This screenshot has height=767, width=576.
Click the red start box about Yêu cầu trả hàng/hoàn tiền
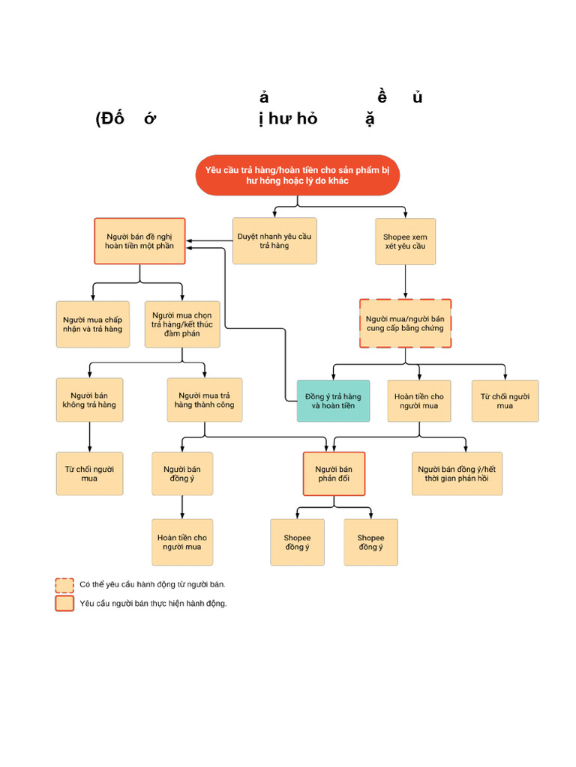(x=297, y=175)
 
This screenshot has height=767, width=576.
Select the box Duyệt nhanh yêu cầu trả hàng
(x=274, y=240)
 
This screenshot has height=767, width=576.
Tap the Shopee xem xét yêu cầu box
(x=405, y=240)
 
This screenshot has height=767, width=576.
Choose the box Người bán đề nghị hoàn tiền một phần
(x=139, y=241)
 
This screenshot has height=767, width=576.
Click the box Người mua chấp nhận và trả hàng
(x=92, y=324)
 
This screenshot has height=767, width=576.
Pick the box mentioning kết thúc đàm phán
(x=182, y=324)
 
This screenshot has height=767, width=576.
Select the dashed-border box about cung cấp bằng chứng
(x=405, y=324)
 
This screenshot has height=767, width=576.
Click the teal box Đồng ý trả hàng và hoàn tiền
(x=333, y=401)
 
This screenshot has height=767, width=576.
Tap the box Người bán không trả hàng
(x=89, y=400)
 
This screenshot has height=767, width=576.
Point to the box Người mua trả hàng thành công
(x=205, y=400)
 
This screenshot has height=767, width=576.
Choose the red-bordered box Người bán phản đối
(x=334, y=473)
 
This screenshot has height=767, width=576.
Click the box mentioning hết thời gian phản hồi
(x=457, y=473)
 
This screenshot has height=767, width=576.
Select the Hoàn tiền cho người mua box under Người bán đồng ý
(x=182, y=542)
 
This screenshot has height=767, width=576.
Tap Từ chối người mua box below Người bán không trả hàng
(x=89, y=473)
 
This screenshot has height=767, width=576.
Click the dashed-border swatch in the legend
(x=64, y=585)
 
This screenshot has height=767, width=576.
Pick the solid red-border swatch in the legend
(x=64, y=604)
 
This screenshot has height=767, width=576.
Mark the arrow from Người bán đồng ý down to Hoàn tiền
(x=182, y=507)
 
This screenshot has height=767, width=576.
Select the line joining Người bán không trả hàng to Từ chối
(x=89, y=437)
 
